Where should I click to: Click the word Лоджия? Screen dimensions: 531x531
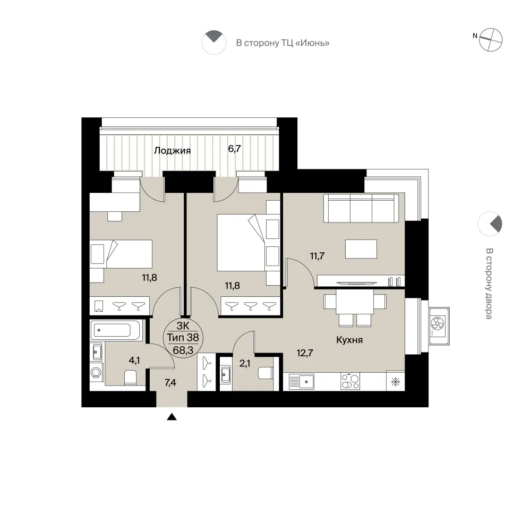coord(173,150)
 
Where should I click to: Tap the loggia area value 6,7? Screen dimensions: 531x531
coord(234,149)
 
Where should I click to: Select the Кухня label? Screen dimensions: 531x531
coord(349,340)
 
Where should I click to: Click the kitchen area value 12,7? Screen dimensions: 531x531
coord(305,353)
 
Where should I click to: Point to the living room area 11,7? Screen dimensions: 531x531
coord(318,256)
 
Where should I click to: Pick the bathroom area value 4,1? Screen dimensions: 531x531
coord(134,361)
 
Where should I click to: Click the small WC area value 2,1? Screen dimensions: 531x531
coord(245,364)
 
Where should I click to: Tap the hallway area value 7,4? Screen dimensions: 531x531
coord(170,383)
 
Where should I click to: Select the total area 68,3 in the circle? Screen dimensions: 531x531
coord(183,350)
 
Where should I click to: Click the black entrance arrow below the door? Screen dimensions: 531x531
coord(172,417)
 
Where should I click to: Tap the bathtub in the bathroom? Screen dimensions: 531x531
coord(115,330)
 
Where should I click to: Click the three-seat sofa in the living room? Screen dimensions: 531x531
coord(361,208)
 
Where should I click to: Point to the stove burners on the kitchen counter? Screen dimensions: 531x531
coord(350,381)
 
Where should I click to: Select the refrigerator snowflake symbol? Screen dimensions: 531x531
coord(395,382)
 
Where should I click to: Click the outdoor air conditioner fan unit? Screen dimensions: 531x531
coord(439,326)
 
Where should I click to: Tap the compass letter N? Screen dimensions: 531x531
coord(475,36)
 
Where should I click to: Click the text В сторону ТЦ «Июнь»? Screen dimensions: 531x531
coord(283,43)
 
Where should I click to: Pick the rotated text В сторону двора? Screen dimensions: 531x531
coord(489,284)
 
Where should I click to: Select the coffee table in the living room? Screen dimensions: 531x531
coord(361,249)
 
